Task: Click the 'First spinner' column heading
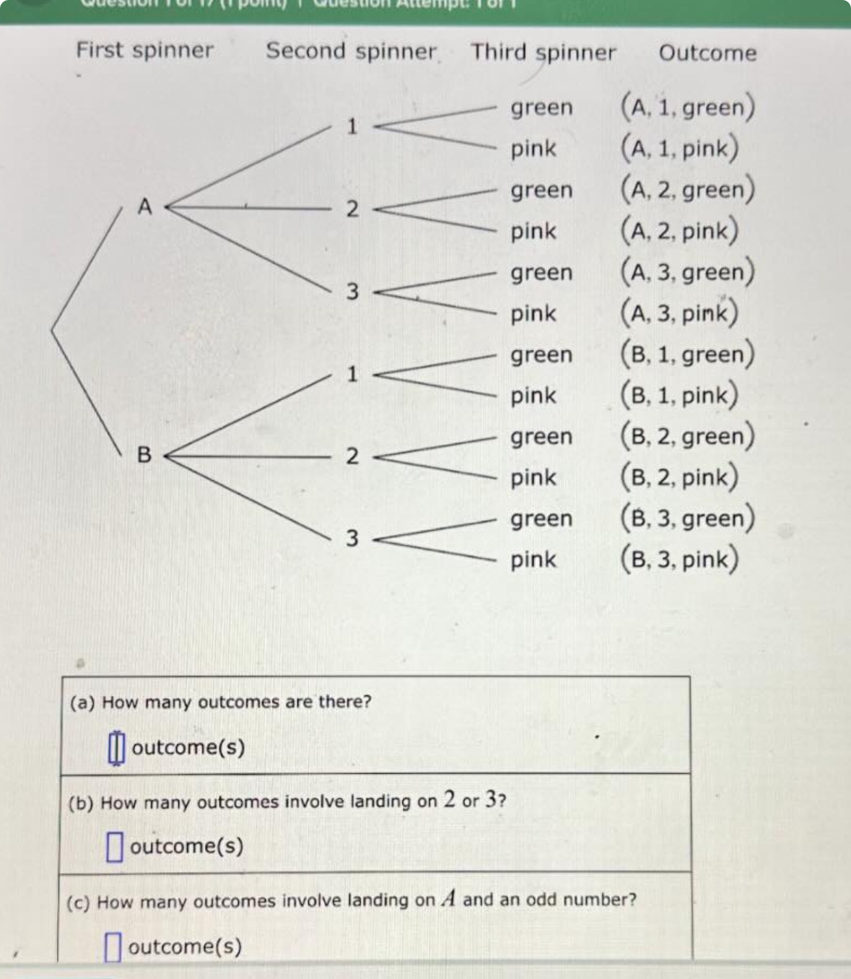[144, 50]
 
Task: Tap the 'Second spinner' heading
[351, 51]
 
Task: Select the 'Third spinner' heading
[543, 53]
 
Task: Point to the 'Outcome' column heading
[707, 53]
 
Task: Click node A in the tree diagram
[145, 207]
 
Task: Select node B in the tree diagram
[144, 455]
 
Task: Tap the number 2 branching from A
[352, 209]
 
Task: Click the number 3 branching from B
[352, 539]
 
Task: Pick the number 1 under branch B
[352, 374]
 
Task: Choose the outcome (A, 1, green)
[688, 107]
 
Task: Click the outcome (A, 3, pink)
[679, 313]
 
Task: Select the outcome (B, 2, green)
[688, 436]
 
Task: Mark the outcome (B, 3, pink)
[679, 560]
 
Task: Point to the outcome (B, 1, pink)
[679, 395]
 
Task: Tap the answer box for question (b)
[114, 847]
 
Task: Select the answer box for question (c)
[112, 947]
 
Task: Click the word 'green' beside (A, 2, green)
[541, 191]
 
